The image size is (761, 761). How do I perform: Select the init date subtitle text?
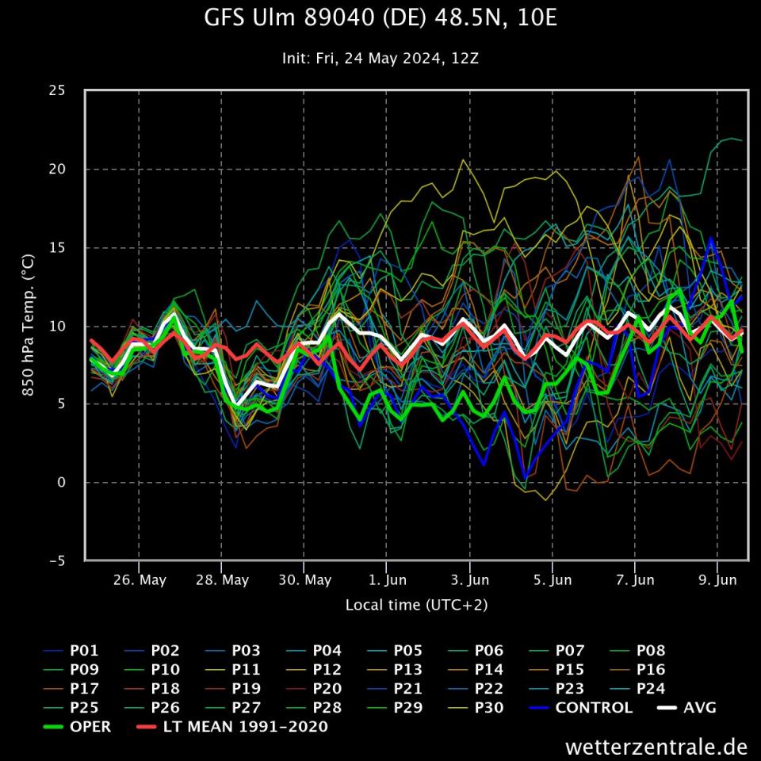point(380,59)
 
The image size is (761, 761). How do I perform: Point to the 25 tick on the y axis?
point(56,90)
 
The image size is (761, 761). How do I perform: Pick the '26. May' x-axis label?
point(140,580)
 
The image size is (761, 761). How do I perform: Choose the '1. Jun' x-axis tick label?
point(388,580)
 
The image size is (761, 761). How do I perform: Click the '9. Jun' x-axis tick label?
point(718,580)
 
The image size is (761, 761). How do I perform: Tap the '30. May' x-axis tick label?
point(305,580)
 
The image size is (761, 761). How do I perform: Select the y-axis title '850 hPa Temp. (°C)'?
point(27,325)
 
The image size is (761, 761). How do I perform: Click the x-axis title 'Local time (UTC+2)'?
point(416,605)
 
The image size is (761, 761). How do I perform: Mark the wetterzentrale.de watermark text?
point(656,747)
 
